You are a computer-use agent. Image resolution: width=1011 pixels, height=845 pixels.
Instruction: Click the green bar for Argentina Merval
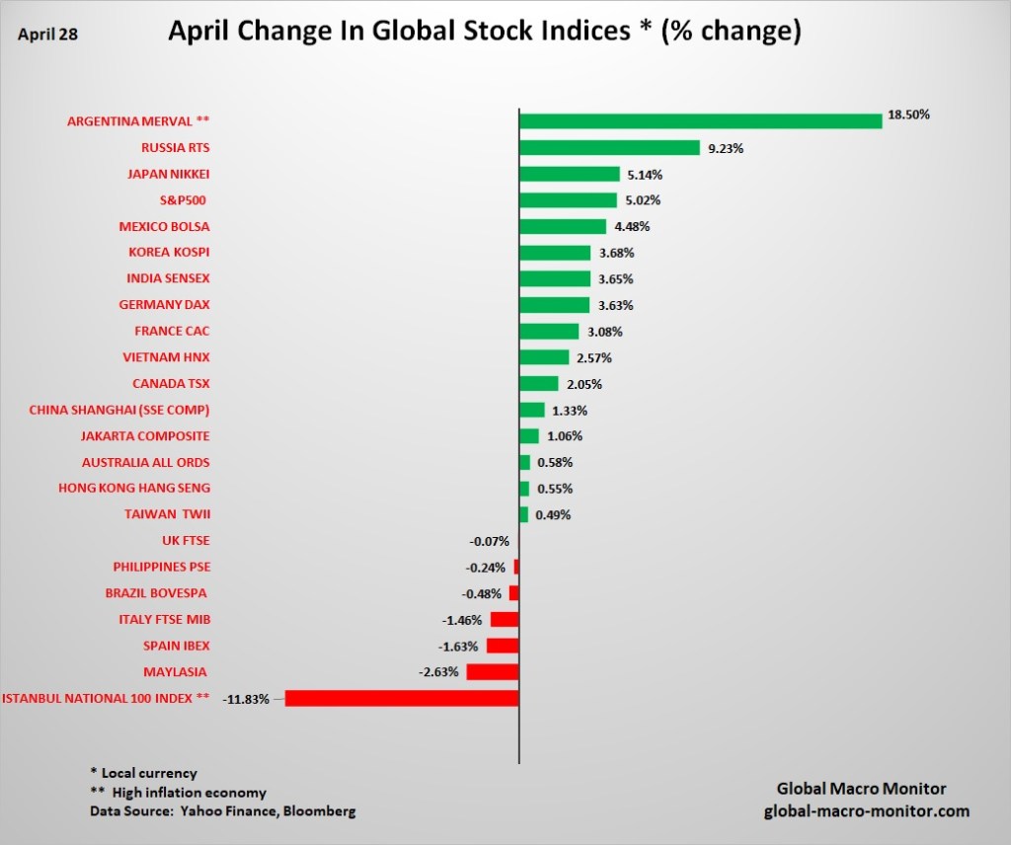[x=700, y=121]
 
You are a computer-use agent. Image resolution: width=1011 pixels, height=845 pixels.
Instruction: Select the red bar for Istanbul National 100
[x=402, y=698]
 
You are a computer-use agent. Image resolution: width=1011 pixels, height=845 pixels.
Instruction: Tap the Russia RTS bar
[x=609, y=148]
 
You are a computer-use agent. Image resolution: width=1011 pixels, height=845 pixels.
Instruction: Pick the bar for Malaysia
[x=493, y=672]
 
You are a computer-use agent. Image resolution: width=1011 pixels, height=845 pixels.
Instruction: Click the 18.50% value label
[x=908, y=115]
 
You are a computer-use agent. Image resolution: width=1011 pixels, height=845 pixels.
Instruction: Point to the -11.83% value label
[x=246, y=699]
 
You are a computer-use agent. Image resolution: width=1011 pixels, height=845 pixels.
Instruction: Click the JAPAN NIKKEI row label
[x=169, y=174]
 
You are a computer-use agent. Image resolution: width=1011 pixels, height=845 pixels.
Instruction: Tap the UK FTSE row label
[x=186, y=541]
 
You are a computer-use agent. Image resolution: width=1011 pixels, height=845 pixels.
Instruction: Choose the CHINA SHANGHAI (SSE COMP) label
[x=119, y=410]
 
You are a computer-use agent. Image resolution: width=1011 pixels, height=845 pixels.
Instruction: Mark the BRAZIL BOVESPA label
[x=156, y=593]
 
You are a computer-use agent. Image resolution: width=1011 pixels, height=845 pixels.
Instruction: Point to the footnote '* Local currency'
[x=143, y=773]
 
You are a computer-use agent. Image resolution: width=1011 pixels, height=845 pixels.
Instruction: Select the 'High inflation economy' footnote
[x=189, y=793]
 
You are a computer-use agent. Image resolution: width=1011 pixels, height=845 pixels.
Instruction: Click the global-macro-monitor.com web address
[x=867, y=811]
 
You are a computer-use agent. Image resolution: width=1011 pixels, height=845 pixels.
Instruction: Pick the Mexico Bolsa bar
[x=563, y=226]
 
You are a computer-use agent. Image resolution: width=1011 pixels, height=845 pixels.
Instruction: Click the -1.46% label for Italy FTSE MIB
[x=461, y=620]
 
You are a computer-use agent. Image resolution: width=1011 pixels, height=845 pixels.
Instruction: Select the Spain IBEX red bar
[x=503, y=646]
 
